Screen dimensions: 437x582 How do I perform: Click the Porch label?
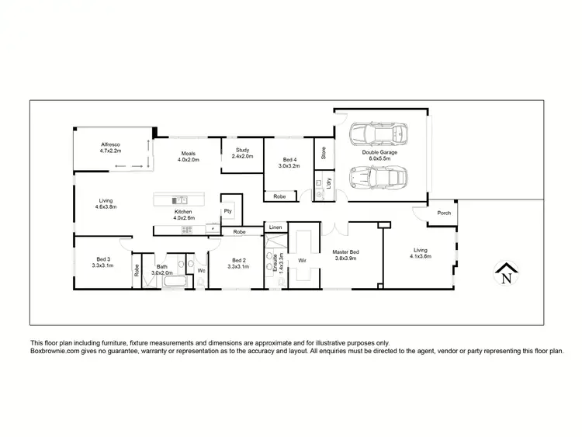(444, 213)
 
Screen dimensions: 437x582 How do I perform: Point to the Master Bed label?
(345, 251)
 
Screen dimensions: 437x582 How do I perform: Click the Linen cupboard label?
(275, 227)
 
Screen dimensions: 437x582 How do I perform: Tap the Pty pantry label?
(228, 210)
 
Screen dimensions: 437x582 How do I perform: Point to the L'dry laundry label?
(329, 186)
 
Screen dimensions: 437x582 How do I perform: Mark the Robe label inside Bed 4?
(279, 197)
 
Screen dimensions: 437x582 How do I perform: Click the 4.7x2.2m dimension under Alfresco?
(113, 151)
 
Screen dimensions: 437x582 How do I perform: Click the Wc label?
(200, 270)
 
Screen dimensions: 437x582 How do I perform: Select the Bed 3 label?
(102, 259)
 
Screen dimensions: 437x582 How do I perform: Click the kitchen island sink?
(178, 199)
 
